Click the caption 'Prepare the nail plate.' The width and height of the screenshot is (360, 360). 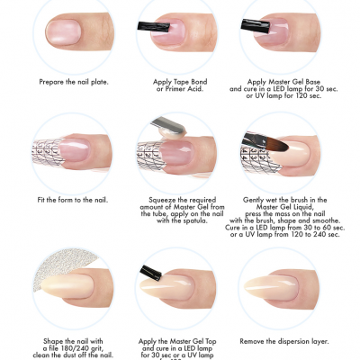[x=74, y=81]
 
